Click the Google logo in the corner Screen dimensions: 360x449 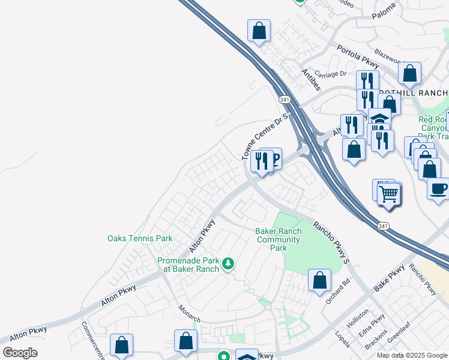pyautogui.click(x=20, y=353)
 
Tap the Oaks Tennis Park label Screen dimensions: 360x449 pyautogui.click(x=140, y=238)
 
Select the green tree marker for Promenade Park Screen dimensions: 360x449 pyautogui.click(x=228, y=263)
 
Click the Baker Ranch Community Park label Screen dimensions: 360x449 pyautogui.click(x=277, y=239)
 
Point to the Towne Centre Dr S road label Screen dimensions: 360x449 pyautogui.click(x=265, y=136)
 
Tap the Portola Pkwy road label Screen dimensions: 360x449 pyautogui.click(x=358, y=56)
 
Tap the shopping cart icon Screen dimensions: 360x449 pyautogui.click(x=389, y=194)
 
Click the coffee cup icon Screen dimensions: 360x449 pyautogui.click(x=438, y=188)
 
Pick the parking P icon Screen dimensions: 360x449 pyautogui.click(x=274, y=159)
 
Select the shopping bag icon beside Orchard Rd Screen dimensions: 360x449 pyautogui.click(x=320, y=280)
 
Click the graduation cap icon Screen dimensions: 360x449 pyautogui.click(x=379, y=118)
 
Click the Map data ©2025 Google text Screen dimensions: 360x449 pyautogui.click(x=411, y=355)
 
